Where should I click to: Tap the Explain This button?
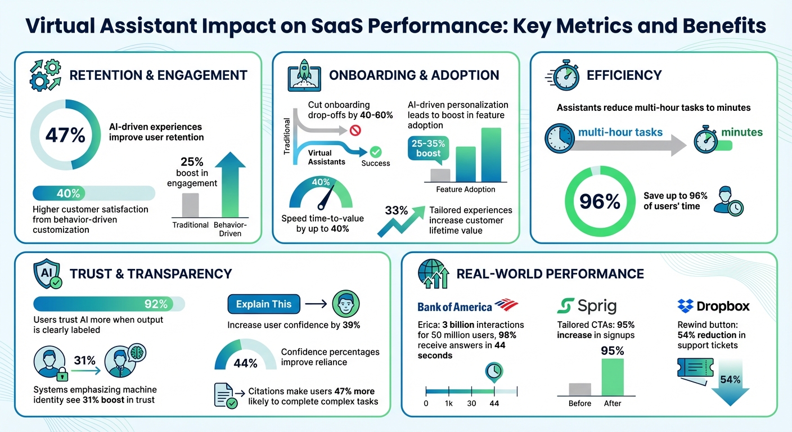(x=264, y=304)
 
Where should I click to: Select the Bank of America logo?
(x=467, y=306)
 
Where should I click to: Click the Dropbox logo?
(x=714, y=306)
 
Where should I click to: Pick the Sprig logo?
(x=587, y=306)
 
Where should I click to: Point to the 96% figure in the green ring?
(x=600, y=201)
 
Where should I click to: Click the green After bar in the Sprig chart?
(x=612, y=377)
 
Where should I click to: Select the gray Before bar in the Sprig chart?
(x=579, y=389)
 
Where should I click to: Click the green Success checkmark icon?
(x=375, y=151)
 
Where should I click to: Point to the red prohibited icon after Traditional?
(x=355, y=130)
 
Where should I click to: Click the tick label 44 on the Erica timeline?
(x=494, y=403)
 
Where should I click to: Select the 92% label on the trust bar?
(x=156, y=304)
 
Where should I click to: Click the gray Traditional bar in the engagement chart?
(x=191, y=205)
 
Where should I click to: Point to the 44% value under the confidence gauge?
(x=245, y=363)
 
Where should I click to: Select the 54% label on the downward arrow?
(x=730, y=379)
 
